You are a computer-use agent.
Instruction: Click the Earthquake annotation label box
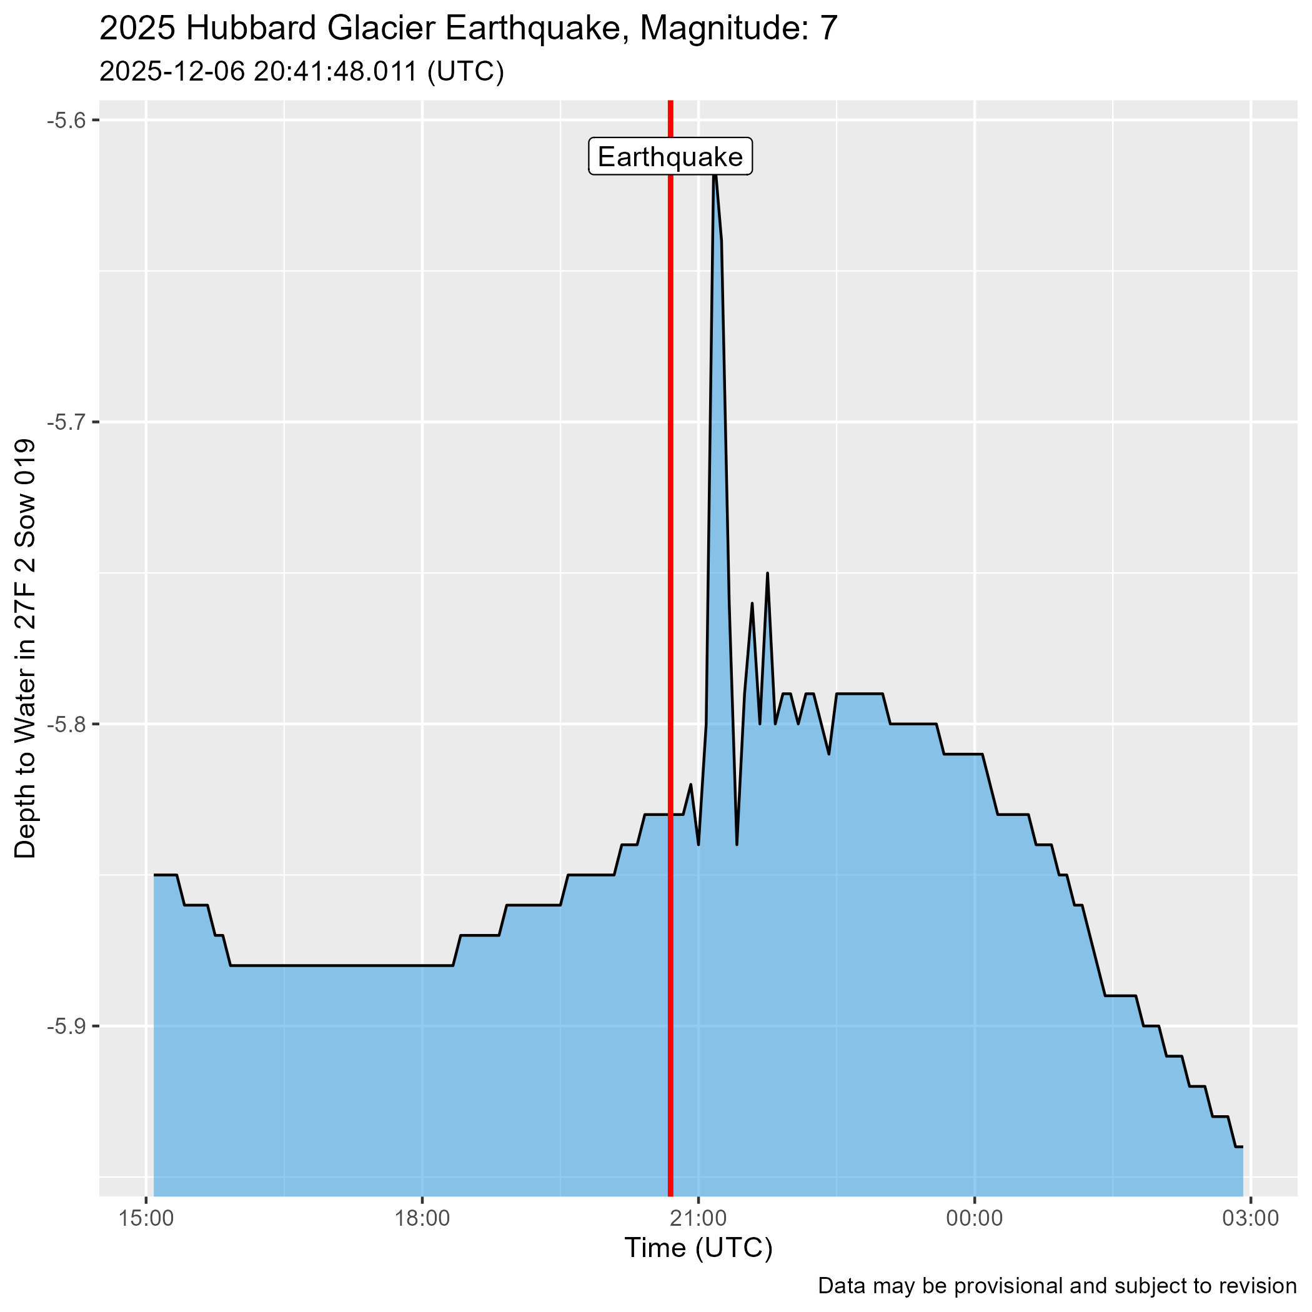[x=670, y=157]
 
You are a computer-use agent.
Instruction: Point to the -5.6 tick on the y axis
[x=64, y=121]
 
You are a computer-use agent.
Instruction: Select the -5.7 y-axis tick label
[x=64, y=422]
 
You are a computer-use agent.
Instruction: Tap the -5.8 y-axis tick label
[x=64, y=725]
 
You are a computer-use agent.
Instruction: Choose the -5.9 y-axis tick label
[x=64, y=1026]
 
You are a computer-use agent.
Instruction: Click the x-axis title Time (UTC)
[x=698, y=1248]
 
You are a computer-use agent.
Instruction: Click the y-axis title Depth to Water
[x=26, y=649]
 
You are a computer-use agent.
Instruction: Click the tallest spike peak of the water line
[x=714, y=175]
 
